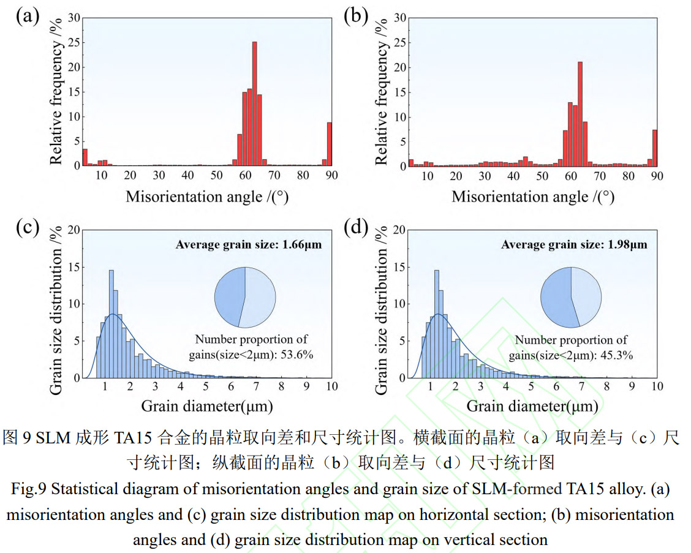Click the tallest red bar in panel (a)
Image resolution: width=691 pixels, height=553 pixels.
pyautogui.click(x=254, y=104)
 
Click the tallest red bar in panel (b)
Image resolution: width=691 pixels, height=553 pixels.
pyautogui.click(x=580, y=114)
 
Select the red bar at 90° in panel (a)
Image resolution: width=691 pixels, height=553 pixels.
pyautogui.click(x=330, y=144)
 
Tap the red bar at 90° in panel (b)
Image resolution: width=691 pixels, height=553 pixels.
pyautogui.click(x=655, y=148)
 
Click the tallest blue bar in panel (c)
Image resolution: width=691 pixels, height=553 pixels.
pyautogui.click(x=111, y=324)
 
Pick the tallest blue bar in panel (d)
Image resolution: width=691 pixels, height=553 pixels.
pyautogui.click(x=437, y=324)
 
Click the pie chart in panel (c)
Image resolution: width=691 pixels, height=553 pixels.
pyautogui.click(x=244, y=297)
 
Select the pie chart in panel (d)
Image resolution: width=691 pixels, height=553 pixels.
pyautogui.click(x=570, y=297)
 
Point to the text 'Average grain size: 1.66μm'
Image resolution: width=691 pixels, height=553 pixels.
pyautogui.click(x=249, y=245)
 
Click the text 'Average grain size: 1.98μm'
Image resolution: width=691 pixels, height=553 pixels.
pyautogui.click(x=574, y=245)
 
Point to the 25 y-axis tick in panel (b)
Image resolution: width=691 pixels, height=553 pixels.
pyautogui.click(x=399, y=43)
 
